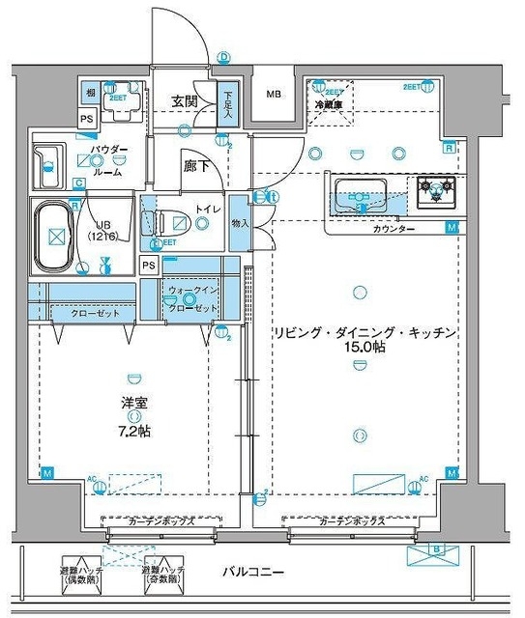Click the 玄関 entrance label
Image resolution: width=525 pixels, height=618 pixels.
coord(185,100)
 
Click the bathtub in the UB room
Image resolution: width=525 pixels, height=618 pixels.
coord(56,236)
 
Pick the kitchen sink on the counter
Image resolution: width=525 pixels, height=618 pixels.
coord(359,193)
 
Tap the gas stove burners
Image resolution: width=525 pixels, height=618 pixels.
coord(436,190)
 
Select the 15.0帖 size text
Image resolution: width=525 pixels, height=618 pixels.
coord(363,347)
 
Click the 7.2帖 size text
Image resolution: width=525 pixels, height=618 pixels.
coord(136,432)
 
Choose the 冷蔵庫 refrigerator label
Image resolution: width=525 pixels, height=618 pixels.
coord(328,103)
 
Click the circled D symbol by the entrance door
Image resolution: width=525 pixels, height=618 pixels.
coord(223,58)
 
